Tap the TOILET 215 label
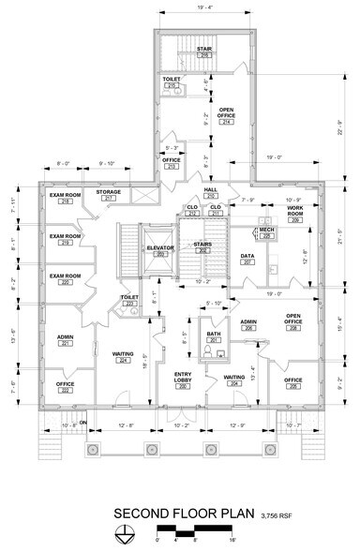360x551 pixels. (172, 82)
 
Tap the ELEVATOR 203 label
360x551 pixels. (160, 250)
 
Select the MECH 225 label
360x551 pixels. (266, 232)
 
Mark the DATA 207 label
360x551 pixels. (247, 259)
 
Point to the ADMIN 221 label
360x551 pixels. (65, 340)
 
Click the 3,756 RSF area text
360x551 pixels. (276, 514)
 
